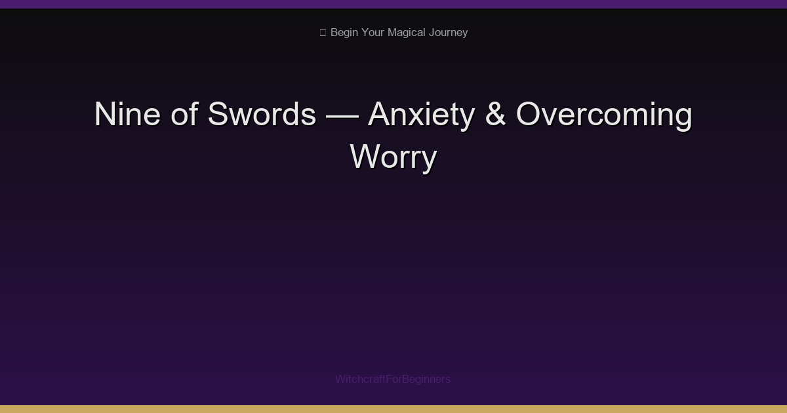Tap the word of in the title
point(186,115)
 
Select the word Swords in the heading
point(262,115)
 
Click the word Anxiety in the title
point(421,115)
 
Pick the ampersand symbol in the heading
point(495,115)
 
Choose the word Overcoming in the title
point(604,115)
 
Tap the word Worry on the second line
point(393,157)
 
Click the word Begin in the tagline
point(344,32)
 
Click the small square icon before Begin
point(323,32)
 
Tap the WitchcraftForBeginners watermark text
point(393,379)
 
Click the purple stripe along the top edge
point(393,4)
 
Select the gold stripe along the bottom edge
point(393,409)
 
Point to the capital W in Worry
point(364,157)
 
